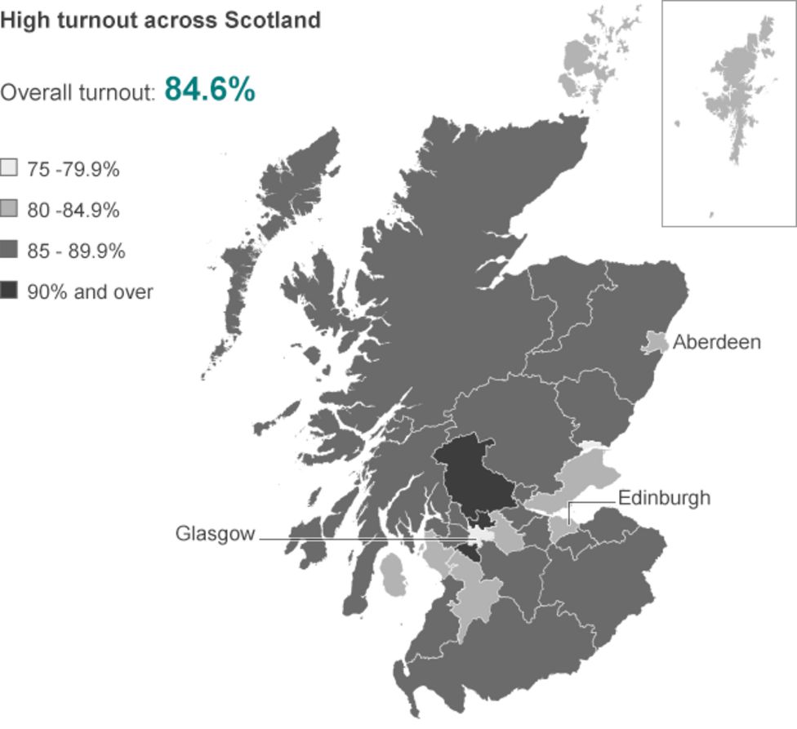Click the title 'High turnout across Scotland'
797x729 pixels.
(x=160, y=20)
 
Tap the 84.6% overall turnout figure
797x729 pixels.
(x=210, y=89)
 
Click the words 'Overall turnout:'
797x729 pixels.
(x=78, y=92)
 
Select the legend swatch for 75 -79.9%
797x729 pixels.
(x=10, y=169)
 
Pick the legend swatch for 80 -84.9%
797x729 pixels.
(x=10, y=210)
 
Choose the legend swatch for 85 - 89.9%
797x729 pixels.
(x=10, y=251)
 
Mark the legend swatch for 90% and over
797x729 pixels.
(x=10, y=291)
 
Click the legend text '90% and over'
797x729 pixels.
(x=90, y=291)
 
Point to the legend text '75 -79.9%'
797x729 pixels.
(x=73, y=170)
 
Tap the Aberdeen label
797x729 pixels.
(x=716, y=342)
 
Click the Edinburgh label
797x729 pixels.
(x=664, y=497)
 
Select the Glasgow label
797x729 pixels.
(x=215, y=534)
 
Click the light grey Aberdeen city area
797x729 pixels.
(x=653, y=343)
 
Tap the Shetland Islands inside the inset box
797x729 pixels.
(x=735, y=98)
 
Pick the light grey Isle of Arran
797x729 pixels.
(x=393, y=575)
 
